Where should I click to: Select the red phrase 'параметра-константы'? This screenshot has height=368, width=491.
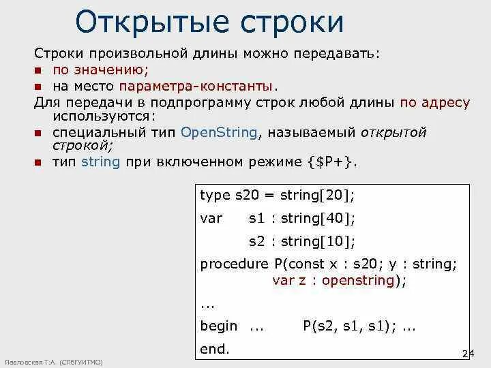196,87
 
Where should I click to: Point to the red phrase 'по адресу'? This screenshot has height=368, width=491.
435,103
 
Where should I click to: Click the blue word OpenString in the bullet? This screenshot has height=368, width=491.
220,133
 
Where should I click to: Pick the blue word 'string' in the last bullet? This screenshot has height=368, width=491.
100,162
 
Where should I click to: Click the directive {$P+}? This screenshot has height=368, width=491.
330,162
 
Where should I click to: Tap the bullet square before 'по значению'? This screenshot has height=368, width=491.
39,70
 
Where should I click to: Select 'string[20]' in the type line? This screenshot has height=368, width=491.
316,196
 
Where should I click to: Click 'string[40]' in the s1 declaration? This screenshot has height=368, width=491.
317,219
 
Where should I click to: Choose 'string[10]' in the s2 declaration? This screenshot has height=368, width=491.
317,241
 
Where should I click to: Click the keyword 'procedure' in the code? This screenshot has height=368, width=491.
235,264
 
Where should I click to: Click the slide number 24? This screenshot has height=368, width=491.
467,353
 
